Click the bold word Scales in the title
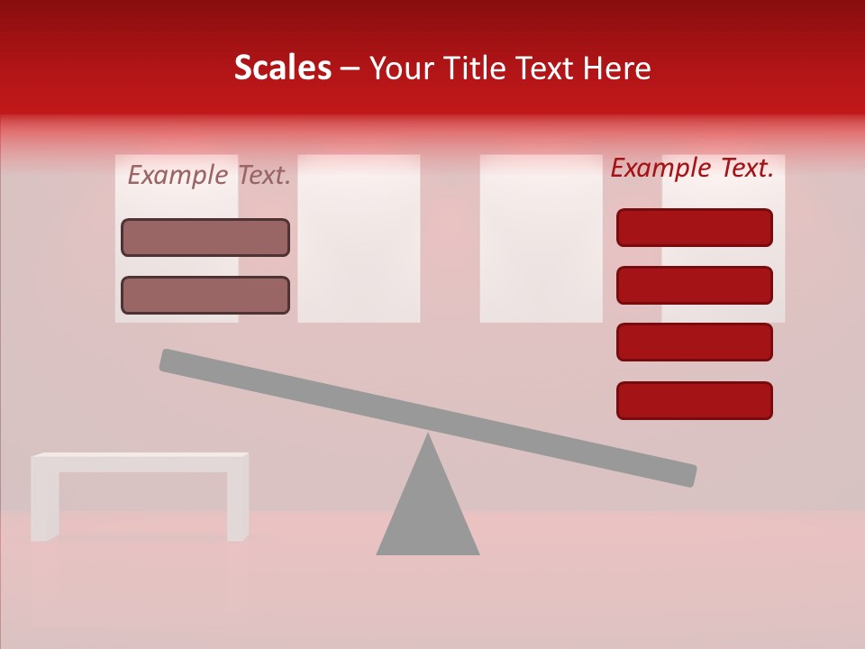click(282, 69)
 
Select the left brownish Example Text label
click(209, 176)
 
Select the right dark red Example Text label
click(692, 169)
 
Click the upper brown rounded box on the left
click(205, 237)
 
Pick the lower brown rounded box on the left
click(205, 295)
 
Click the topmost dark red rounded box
click(695, 227)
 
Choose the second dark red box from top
click(695, 285)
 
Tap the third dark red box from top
click(695, 343)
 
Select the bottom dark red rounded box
click(695, 400)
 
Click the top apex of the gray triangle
click(428, 438)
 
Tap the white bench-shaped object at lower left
click(140, 462)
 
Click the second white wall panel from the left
click(359, 238)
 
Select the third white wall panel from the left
click(541, 238)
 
